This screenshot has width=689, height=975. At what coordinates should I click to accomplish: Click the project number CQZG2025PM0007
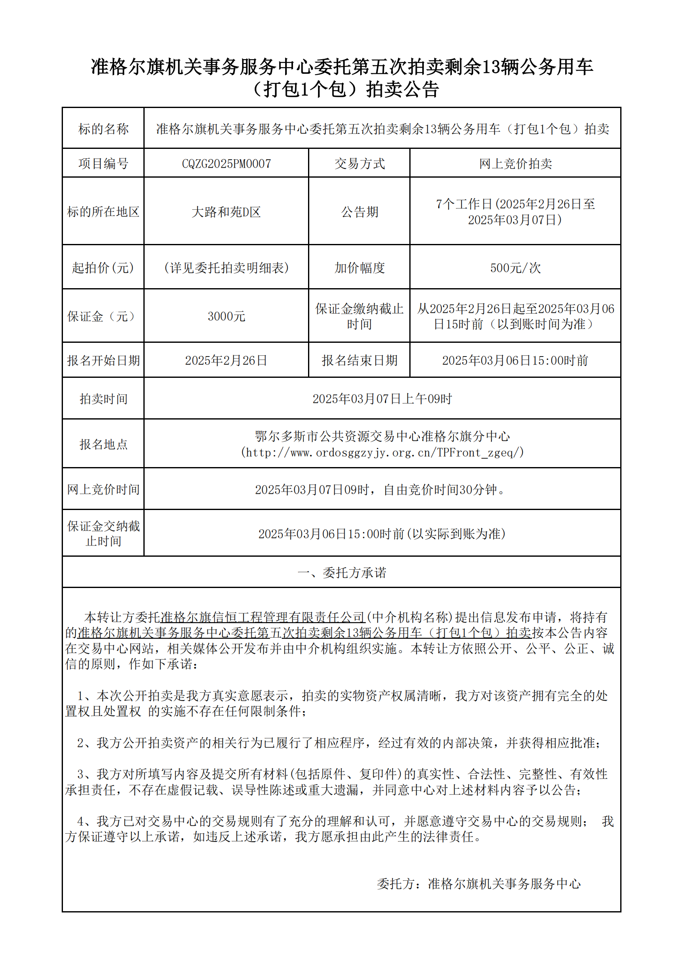[x=226, y=163]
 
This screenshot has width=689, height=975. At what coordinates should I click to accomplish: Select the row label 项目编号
[x=103, y=163]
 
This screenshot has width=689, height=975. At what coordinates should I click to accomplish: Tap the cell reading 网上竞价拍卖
[x=515, y=163]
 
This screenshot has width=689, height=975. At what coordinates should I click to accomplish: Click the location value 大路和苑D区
[x=226, y=212]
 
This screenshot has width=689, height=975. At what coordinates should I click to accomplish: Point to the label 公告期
[x=360, y=212]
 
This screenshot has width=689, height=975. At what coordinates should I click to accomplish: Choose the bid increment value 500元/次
[x=515, y=268]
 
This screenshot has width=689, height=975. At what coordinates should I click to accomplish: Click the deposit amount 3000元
[x=226, y=317]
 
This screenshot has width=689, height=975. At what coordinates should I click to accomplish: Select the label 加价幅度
[x=360, y=268]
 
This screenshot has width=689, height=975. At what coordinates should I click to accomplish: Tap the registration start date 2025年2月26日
[x=226, y=361]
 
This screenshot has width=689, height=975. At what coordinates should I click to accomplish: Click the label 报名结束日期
[x=360, y=361]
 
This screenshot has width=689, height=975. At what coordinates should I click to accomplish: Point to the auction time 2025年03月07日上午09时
[x=382, y=399]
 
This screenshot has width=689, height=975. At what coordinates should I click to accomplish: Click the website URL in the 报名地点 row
[x=382, y=453]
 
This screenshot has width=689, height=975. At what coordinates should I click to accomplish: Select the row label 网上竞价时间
[x=103, y=490]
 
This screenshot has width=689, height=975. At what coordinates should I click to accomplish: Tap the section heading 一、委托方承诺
[x=342, y=573]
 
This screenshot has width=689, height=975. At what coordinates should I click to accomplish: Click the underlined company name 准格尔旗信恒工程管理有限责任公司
[x=263, y=617]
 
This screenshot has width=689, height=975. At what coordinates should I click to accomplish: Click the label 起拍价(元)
[x=103, y=268]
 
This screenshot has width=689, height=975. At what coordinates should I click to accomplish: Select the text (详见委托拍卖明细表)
[x=226, y=268]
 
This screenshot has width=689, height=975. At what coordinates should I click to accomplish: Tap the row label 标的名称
[x=103, y=129]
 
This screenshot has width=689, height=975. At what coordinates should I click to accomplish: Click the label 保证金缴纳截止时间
[x=360, y=317]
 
